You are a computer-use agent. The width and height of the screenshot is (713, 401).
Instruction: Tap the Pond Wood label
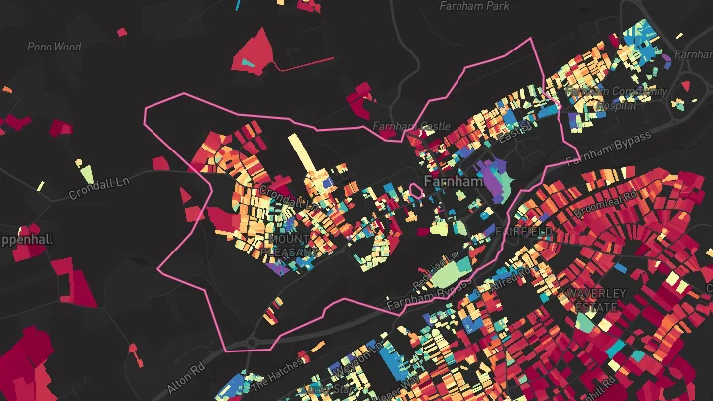pyautogui.click(x=53, y=46)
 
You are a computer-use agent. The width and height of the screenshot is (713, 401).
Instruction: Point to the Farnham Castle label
pyautogui.click(x=411, y=127)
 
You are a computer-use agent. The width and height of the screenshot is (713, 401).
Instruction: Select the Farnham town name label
pyautogui.click(x=452, y=183)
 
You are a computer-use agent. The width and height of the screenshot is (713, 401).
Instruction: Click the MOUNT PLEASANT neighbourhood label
pyautogui.click(x=290, y=247)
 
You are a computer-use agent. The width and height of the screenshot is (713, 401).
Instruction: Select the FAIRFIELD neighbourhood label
pyautogui.click(x=522, y=231)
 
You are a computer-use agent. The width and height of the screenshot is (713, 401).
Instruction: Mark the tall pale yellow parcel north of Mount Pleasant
pyautogui.click(x=299, y=155)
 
